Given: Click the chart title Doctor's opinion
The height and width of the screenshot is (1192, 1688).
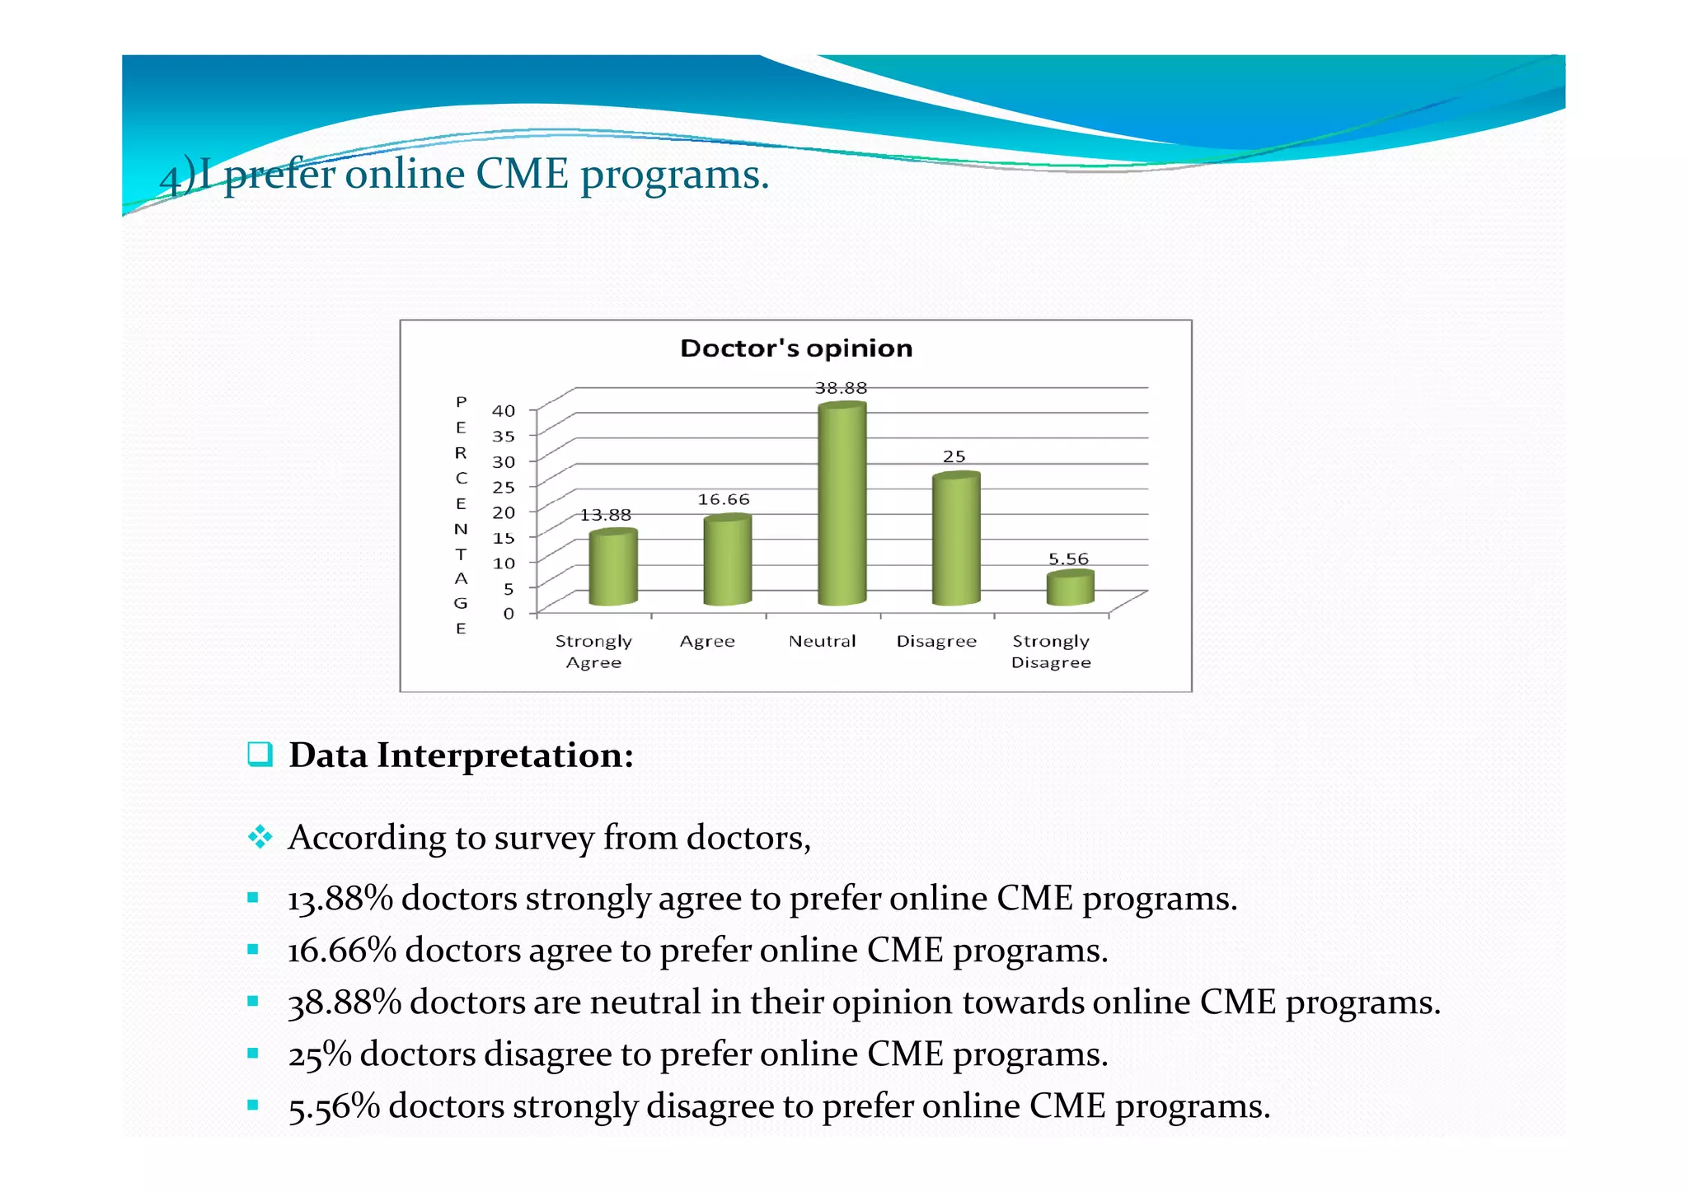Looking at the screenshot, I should (796, 348).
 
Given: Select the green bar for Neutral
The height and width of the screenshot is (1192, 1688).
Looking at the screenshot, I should (842, 504).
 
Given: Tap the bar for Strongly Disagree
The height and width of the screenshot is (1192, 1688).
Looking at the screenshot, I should (1070, 588).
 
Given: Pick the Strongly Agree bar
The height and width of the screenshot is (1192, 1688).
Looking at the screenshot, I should (612, 568).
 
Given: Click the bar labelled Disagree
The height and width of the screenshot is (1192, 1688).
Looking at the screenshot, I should (955, 540).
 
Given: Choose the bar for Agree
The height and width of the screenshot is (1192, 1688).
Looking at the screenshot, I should (727, 560).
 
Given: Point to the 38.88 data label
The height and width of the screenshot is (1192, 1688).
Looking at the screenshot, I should (841, 388).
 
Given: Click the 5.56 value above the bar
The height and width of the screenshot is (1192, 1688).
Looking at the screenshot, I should (1068, 559).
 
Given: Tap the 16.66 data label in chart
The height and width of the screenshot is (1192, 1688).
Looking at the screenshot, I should (724, 500).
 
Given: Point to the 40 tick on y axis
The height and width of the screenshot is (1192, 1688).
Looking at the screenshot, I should (503, 411).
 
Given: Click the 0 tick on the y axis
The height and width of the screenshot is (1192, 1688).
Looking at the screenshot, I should (509, 614).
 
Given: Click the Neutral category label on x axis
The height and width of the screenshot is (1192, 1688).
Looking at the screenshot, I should (822, 642).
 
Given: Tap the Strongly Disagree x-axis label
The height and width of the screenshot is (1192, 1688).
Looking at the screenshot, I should (1051, 652).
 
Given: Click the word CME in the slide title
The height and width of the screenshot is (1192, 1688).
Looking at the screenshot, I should (522, 175).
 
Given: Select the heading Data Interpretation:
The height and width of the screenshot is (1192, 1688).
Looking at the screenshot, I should (461, 755).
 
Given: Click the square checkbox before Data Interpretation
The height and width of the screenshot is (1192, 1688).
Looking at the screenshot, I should (260, 754).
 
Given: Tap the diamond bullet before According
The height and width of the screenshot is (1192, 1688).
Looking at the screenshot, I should (260, 838).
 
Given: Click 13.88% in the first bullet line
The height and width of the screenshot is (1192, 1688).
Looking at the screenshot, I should (340, 899).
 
